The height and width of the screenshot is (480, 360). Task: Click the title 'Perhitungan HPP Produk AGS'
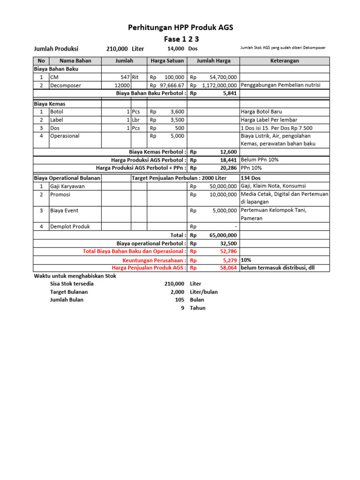(x=180, y=28)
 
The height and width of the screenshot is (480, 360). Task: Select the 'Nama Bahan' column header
(x=75, y=61)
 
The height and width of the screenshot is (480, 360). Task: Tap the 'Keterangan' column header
(x=285, y=61)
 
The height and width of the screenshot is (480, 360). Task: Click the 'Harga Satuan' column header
(x=167, y=61)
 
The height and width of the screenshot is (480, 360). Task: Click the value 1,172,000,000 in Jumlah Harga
(x=219, y=85)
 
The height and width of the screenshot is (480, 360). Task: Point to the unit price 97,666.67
(x=172, y=85)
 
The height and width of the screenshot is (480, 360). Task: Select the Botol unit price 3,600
(x=177, y=112)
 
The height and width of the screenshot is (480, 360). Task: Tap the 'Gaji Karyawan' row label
(x=67, y=186)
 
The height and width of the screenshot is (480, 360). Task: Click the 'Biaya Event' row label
(x=64, y=210)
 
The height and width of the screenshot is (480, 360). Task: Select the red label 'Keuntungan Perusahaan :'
(x=154, y=260)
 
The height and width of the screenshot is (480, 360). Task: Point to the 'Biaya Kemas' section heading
(x=49, y=103)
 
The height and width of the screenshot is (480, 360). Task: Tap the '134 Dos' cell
(x=251, y=178)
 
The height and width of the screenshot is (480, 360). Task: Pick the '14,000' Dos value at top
(x=176, y=49)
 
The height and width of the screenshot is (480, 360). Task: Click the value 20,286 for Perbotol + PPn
(x=228, y=167)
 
